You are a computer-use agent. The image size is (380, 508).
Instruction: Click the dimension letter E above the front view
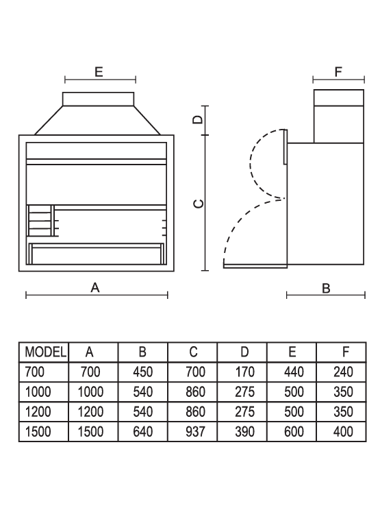(99, 71)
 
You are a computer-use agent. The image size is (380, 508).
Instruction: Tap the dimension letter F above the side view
(338, 71)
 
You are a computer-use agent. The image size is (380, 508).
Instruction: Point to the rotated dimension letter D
(198, 119)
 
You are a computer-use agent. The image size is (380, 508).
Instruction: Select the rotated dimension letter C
(199, 204)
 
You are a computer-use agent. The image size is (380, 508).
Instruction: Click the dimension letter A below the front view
(95, 287)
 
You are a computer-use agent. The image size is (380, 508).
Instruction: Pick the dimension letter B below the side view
(327, 288)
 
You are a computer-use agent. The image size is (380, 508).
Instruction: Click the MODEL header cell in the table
(46, 352)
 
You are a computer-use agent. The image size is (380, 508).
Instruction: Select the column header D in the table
(244, 352)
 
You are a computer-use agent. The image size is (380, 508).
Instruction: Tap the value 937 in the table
(196, 431)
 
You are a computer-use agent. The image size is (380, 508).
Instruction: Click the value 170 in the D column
(244, 372)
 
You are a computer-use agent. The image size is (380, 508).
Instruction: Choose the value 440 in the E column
(294, 372)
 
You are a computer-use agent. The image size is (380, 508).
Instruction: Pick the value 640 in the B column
(142, 431)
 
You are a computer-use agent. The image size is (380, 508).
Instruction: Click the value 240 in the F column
(343, 372)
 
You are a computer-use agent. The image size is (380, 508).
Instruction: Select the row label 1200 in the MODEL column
(38, 412)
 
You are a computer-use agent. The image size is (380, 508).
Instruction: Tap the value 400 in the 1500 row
(343, 431)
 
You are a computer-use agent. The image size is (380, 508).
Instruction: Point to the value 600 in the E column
(294, 431)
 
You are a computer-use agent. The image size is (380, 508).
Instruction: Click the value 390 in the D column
(244, 431)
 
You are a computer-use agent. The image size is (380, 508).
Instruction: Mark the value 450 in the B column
(142, 372)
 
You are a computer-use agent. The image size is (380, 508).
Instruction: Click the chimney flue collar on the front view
(98, 99)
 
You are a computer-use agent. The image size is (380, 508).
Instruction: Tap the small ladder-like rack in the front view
(40, 221)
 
